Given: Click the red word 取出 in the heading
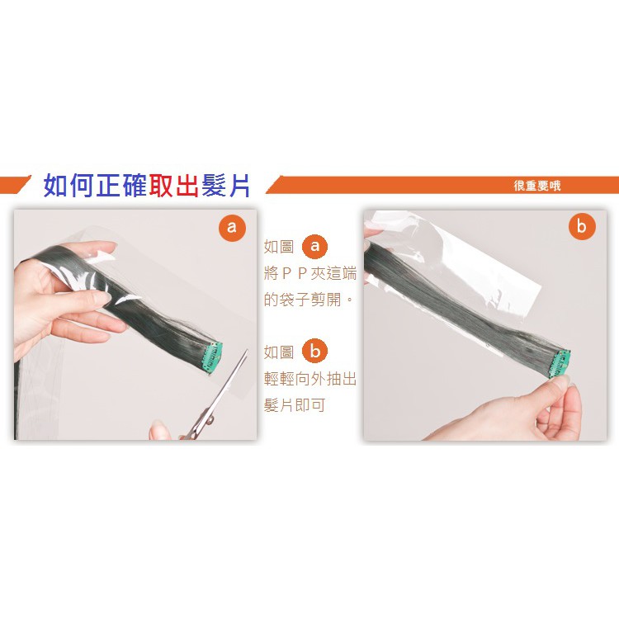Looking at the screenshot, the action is point(173,185).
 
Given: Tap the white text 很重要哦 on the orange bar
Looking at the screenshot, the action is point(537,186).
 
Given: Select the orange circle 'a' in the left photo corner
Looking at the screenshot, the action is point(232,227).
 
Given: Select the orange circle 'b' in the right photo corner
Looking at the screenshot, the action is point(582,226).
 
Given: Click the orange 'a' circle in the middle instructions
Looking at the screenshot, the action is point(314,246).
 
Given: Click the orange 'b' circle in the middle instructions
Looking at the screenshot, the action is point(314,351).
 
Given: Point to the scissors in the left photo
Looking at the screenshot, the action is point(213,399).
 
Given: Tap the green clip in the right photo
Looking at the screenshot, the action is point(561,362).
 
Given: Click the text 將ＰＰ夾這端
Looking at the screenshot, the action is point(310,273).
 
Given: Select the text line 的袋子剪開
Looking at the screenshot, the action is point(309,300).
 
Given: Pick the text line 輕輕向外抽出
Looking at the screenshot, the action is point(310,379).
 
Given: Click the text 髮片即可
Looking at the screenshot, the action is point(295,405).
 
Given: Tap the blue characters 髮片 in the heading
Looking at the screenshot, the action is point(226,185).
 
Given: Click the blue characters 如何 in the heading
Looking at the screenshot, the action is point(69,185).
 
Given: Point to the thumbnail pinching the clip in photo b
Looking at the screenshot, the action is point(560,381).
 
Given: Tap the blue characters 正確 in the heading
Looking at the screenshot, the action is point(120,185).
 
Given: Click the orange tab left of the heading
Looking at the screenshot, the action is point(15,185).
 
